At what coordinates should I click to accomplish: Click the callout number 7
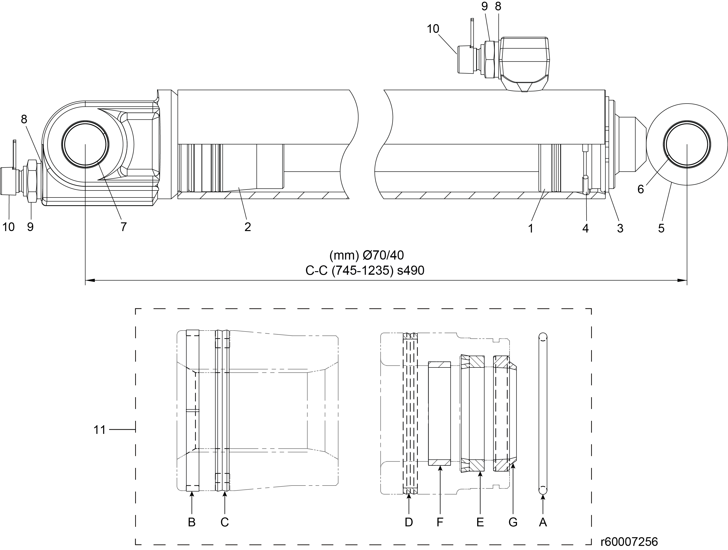[x=123, y=227]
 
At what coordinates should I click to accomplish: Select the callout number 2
[x=247, y=227]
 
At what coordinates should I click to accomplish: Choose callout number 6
[x=640, y=189]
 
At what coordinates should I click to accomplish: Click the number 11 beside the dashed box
[x=99, y=430]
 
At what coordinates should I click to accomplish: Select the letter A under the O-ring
[x=543, y=522]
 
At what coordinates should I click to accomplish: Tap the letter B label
[x=192, y=522]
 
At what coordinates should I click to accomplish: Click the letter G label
[x=513, y=522]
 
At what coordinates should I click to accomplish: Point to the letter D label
[x=408, y=522]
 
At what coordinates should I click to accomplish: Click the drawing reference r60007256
[x=629, y=542]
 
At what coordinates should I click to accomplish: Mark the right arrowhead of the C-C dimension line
[x=683, y=280]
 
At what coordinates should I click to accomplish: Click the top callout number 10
[x=433, y=29]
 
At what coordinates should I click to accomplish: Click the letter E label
[x=480, y=522]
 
